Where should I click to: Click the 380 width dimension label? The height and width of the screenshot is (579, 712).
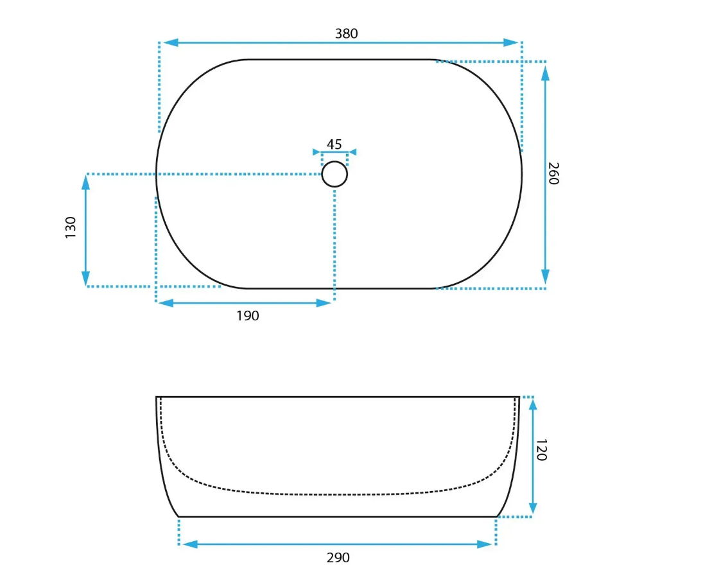pos(347,33)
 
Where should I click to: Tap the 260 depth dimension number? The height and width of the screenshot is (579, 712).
pos(553,173)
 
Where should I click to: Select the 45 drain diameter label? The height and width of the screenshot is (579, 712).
pos(334,144)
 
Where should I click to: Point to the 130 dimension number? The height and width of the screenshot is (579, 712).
pos(71,227)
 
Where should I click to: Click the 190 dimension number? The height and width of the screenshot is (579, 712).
pos(247,316)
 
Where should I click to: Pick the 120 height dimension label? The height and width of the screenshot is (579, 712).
pos(541,450)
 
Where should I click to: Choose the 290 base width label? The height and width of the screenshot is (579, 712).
pos(338,558)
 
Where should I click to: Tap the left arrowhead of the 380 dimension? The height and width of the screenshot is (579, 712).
pos(171,43)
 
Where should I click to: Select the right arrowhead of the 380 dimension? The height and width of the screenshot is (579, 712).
pos(511,43)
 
